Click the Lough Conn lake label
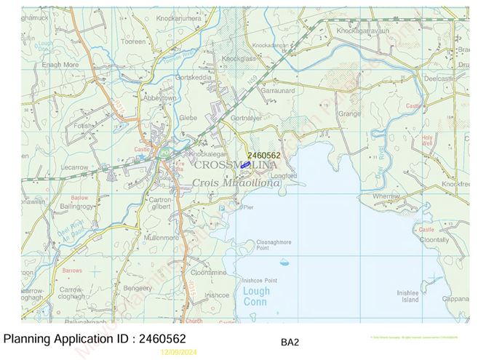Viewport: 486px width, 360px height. [x=255, y=296]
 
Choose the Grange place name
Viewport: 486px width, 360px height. [x=349, y=113]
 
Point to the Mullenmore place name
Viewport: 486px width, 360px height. [x=162, y=237]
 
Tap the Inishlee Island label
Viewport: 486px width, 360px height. [x=407, y=295]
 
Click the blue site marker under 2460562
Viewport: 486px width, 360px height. [x=246, y=166]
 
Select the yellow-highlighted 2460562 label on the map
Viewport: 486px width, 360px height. [x=263, y=155]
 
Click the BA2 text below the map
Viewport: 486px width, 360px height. [x=290, y=341]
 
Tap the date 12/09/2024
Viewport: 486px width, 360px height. [x=179, y=352]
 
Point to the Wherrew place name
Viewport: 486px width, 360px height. [x=386, y=196]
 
